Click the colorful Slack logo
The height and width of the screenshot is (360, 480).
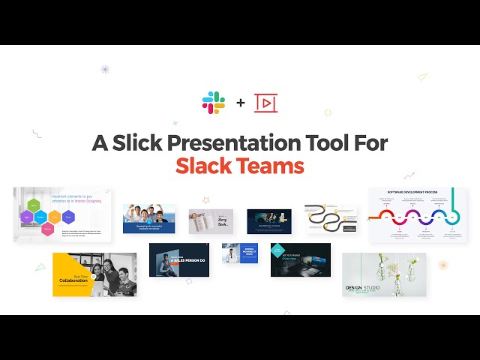214,102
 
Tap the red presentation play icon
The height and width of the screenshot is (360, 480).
265,103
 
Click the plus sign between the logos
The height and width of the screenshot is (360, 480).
240,103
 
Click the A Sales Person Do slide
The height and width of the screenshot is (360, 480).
178,259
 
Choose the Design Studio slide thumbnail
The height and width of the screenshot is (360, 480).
383,274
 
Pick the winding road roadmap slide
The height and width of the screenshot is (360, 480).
331,219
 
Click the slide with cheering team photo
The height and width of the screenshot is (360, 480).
148,218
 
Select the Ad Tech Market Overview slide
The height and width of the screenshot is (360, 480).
300,259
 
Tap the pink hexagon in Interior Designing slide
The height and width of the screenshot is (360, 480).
48,230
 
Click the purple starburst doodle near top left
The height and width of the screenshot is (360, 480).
105,70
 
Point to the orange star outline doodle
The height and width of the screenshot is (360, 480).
205,200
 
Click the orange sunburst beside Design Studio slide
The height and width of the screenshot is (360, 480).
442,265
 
